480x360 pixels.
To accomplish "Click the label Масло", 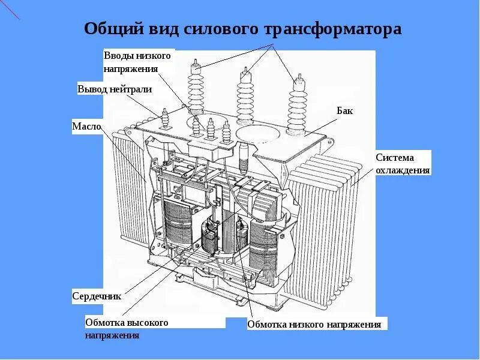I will point(86,127).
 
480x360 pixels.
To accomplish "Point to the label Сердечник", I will point(97,296).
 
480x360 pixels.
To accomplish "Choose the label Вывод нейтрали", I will point(114,89).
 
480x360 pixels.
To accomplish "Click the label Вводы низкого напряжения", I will point(137,62).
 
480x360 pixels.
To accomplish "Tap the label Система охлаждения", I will point(403,164).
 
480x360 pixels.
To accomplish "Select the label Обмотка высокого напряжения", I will point(126,329).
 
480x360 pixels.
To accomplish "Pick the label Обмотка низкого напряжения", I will point(314,325).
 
